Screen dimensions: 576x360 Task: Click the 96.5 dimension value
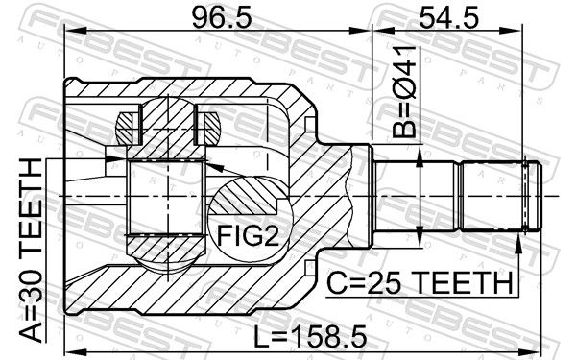(222, 18)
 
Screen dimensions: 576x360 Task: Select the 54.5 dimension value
(448, 18)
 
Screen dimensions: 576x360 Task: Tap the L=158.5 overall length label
(310, 337)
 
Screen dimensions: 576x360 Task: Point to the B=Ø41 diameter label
(404, 92)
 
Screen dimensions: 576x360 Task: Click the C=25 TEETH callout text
(420, 283)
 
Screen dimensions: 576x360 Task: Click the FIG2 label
(249, 235)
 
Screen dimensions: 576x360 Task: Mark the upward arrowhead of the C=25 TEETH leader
(518, 244)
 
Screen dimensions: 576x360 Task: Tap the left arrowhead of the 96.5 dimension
(75, 32)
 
